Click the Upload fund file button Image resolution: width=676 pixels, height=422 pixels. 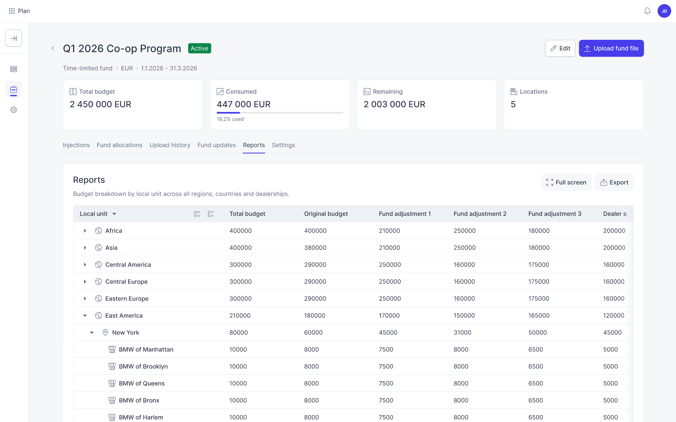[611, 48]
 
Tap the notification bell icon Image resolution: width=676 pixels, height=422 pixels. [647, 11]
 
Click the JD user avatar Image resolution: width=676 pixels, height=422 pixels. [664, 11]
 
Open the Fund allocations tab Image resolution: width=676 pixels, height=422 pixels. [120, 145]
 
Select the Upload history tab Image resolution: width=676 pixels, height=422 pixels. [170, 145]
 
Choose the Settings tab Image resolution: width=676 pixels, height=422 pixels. [283, 145]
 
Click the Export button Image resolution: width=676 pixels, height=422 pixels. [614, 182]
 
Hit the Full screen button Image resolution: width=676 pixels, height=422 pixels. [566, 182]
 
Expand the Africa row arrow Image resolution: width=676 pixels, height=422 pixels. [85, 231]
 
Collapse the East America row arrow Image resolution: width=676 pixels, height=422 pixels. [85, 316]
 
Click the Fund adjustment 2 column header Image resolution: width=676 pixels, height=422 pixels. [480, 214]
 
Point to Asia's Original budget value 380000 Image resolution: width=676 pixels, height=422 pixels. [315, 247]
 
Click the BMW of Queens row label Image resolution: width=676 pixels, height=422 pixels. [142, 383]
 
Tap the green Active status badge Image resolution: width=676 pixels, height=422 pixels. [200, 48]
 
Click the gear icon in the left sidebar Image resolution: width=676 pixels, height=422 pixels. [14, 110]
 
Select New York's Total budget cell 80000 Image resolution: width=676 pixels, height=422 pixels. [238, 332]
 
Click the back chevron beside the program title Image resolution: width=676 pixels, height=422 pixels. [53, 48]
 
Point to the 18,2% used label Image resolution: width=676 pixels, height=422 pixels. [230, 119]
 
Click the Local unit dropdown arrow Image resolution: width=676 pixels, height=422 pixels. [114, 214]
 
